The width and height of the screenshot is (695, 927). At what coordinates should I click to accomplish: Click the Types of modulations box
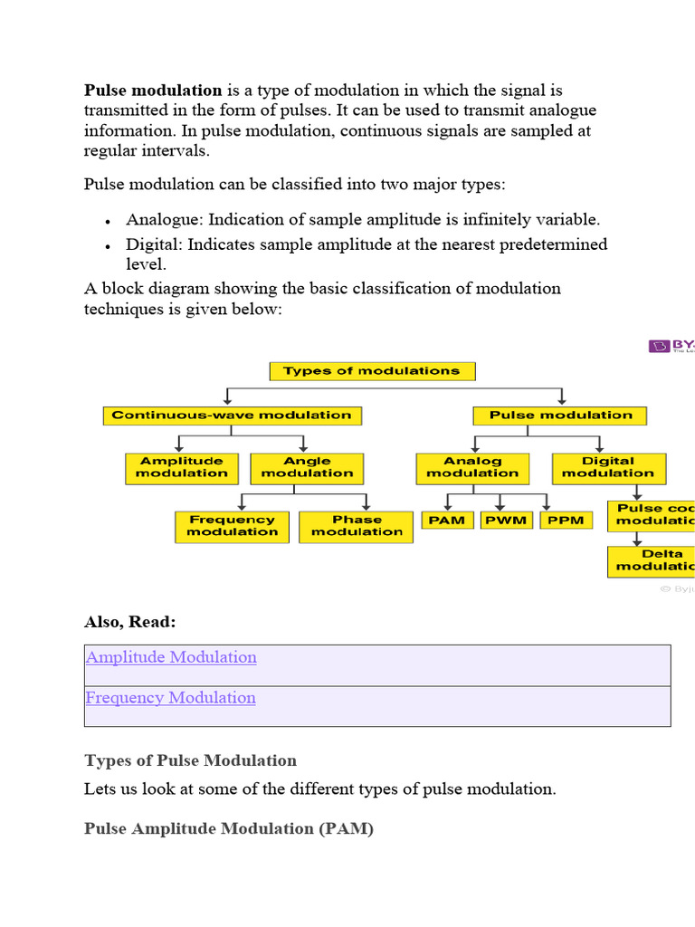[372, 371]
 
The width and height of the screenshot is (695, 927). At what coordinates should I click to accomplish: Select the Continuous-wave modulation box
[232, 416]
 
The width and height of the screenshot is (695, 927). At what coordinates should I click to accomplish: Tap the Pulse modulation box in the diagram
[560, 416]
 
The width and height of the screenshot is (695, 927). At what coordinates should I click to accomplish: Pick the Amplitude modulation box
[182, 468]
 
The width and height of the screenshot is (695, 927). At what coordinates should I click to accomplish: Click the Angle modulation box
[307, 468]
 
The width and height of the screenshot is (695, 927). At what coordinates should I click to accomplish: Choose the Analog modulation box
[472, 468]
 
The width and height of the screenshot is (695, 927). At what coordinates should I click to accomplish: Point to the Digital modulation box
[608, 468]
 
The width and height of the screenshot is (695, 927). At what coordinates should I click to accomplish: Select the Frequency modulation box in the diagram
[232, 527]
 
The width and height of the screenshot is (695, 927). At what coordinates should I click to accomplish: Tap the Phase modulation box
[357, 527]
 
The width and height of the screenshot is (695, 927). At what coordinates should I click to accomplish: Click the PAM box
[446, 521]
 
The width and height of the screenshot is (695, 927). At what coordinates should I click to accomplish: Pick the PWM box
[506, 521]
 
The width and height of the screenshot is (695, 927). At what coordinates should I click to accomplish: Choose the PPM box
[566, 521]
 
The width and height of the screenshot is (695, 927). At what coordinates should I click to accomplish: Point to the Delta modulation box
[653, 560]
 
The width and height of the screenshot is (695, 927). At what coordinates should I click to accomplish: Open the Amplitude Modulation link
[171, 657]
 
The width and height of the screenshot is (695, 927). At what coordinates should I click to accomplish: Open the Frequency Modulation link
[170, 698]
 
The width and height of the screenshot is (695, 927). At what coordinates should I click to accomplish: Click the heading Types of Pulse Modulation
[190, 760]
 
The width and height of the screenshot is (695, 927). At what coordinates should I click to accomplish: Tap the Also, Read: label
[130, 622]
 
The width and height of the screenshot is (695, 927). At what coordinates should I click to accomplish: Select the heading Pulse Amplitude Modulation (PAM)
[228, 828]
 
